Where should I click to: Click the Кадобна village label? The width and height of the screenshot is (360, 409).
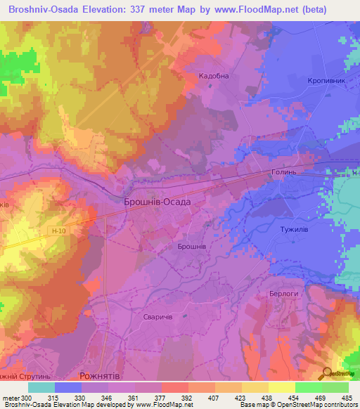click(x=214, y=77)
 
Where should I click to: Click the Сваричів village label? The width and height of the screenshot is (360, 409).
click(x=158, y=318)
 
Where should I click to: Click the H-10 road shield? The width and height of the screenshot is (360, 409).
click(x=59, y=230)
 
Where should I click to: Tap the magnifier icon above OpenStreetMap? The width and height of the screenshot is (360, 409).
click(x=328, y=373)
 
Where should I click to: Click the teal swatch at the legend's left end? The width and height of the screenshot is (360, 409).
click(x=41, y=387)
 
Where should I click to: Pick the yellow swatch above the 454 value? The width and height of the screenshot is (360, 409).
click(x=281, y=387)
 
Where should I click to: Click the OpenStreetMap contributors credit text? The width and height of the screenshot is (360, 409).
click(x=316, y=405)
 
